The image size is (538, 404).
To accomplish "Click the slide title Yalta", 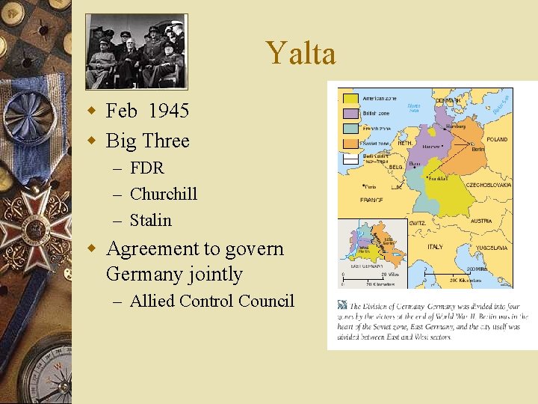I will (300, 53).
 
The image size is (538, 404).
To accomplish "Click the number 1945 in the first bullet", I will (168, 111).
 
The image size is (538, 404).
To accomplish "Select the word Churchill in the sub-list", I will (164, 194).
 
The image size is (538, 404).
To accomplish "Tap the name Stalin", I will (151, 220).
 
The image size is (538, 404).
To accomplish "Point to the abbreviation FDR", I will (147, 168).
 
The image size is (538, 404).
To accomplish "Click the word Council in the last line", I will (266, 301).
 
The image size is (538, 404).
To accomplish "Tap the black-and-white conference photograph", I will (136, 50).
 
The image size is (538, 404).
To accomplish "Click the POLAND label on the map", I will (496, 139).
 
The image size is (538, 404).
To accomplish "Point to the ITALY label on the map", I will (435, 247).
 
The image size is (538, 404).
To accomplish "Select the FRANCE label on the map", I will (371, 201).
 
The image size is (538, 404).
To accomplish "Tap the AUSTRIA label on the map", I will (480, 221).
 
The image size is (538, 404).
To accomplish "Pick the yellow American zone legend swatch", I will (349, 97).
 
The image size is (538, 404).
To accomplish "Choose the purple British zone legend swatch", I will (349, 113).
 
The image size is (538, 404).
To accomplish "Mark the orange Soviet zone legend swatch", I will (349, 143).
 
